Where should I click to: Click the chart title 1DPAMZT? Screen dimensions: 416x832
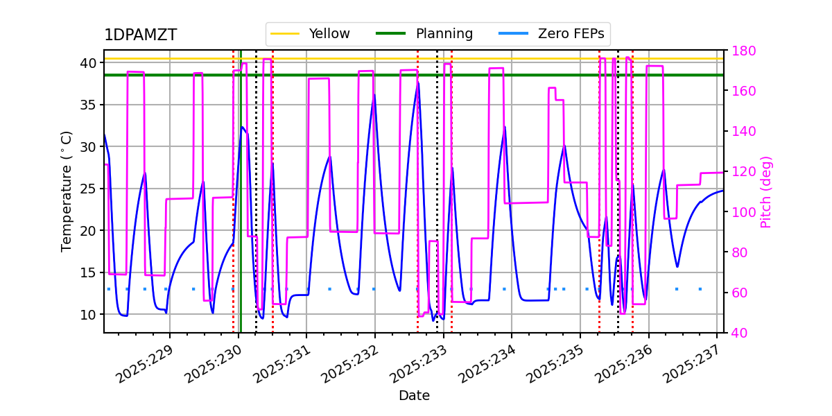coord(140,35)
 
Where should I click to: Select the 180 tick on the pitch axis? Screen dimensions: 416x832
coord(740,51)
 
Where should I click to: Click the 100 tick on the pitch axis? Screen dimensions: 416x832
coord(740,212)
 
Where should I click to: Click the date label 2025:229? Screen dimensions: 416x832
coord(144,364)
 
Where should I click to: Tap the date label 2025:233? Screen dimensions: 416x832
coord(417,364)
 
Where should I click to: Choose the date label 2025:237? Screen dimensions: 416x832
coord(691,364)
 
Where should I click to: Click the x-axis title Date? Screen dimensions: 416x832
coord(414,396)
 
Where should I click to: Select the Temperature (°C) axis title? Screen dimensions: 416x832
coord(67,191)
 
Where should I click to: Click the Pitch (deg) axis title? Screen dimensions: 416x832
coord(766,191)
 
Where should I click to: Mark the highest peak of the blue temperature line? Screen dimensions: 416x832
coord(418,83)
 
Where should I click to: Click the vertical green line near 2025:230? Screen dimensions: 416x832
coord(241,208)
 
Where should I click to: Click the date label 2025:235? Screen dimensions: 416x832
coord(555,364)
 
